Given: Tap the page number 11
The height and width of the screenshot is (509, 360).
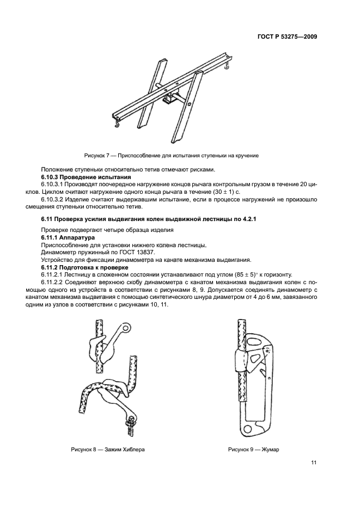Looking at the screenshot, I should click(x=314, y=463).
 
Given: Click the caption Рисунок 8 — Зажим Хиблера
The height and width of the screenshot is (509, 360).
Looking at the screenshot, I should click(x=108, y=450).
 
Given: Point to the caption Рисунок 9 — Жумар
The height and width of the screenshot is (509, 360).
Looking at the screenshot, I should click(x=249, y=450).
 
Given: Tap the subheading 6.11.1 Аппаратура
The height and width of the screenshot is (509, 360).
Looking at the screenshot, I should click(x=68, y=238).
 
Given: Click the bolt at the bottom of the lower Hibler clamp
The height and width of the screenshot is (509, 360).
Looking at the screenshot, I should click(x=131, y=420).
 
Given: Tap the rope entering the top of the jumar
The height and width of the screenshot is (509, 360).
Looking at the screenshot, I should click(x=238, y=329).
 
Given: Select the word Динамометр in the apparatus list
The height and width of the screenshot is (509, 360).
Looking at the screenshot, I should click(x=59, y=253).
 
